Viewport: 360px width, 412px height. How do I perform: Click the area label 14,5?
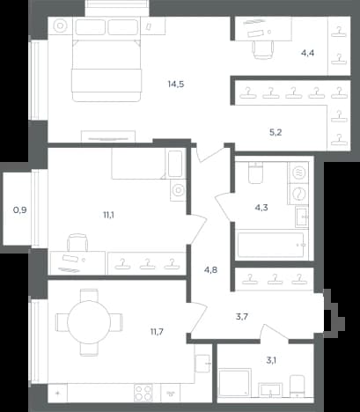click(176, 85)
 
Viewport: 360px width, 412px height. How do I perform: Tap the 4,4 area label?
click(308, 53)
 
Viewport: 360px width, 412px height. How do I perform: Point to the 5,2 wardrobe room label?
click(276, 133)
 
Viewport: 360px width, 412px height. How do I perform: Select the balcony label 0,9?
click(20, 210)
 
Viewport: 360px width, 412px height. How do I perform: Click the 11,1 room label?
click(108, 215)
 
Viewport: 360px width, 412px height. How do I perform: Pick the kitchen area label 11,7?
click(157, 332)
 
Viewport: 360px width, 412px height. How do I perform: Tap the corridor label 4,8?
click(210, 269)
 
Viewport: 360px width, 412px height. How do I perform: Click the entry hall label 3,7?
click(242, 317)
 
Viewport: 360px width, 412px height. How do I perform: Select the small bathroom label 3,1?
click(271, 360)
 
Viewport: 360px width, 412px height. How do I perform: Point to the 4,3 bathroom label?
click(261, 208)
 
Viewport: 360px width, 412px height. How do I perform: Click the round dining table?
click(89, 322)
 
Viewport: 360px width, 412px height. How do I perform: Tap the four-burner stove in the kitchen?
click(143, 393)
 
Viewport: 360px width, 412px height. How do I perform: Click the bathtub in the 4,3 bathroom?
click(270, 245)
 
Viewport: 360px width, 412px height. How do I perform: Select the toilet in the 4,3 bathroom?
click(256, 173)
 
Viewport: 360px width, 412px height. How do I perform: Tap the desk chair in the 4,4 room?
click(263, 49)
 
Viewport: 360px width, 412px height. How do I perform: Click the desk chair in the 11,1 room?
click(77, 242)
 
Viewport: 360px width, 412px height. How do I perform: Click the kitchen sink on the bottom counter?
click(171, 393)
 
